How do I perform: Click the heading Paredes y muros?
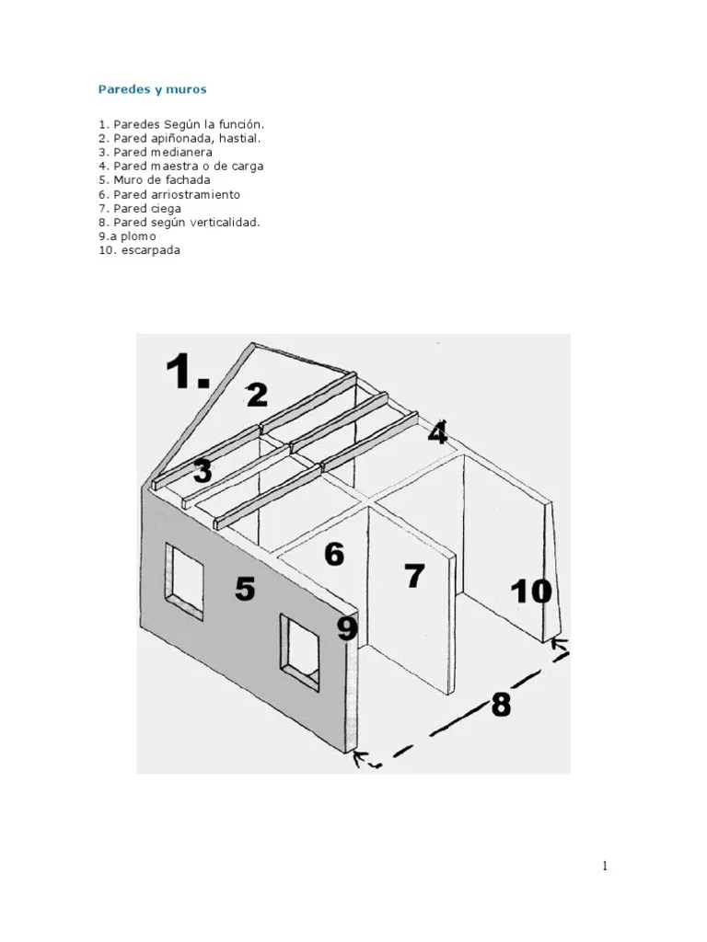[x=152, y=89]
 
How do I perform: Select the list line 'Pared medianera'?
[x=155, y=152]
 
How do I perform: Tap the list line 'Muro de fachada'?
[x=155, y=179]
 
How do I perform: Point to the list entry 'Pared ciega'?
[x=140, y=209]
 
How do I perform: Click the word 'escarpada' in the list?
[x=150, y=250]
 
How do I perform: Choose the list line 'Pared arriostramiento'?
[x=169, y=194]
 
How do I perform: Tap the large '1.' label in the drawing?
[x=187, y=371]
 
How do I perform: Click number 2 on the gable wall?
[x=257, y=395]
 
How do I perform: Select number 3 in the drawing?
[x=203, y=471]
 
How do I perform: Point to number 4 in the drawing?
[x=437, y=432]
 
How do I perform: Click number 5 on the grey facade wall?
[x=245, y=588]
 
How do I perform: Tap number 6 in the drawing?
[x=334, y=554]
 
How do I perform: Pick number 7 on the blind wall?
[x=415, y=576]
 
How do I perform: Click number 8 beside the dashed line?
[x=501, y=704]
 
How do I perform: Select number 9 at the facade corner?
[x=347, y=629]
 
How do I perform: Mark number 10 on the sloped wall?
[x=531, y=592]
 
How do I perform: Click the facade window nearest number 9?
[x=299, y=653]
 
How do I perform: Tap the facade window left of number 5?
[x=184, y=581]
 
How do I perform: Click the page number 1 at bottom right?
[x=604, y=866]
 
